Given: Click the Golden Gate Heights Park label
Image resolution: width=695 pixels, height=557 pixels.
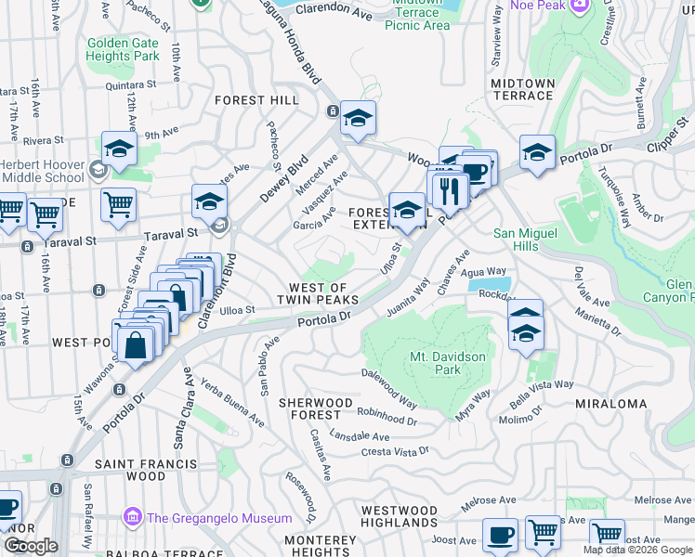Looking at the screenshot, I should pos(123,49).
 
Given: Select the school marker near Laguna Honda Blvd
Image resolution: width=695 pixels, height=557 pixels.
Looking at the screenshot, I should pos(358,119).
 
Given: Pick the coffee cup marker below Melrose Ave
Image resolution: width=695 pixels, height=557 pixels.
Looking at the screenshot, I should pos(500,536).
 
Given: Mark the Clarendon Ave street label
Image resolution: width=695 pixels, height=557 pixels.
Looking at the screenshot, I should pos(334,10).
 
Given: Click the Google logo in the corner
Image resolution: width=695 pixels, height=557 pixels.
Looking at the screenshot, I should pos(30,546).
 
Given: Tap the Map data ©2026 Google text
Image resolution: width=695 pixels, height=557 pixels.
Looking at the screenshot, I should pos(637,550).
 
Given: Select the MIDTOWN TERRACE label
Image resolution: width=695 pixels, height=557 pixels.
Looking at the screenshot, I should pos(522,89).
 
